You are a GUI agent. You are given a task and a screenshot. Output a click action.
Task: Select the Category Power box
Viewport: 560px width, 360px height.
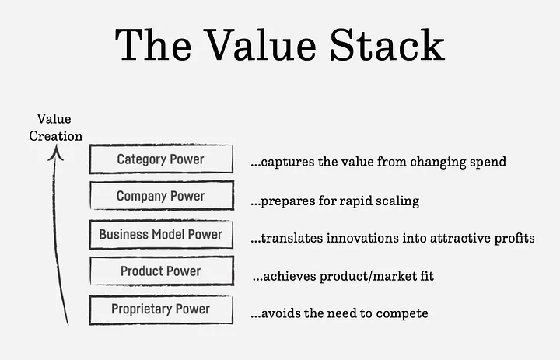[160, 159]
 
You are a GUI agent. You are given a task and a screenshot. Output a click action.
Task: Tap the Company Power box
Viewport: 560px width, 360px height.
[160, 197]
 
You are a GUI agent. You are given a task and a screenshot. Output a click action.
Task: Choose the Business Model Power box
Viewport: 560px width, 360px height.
[160, 234]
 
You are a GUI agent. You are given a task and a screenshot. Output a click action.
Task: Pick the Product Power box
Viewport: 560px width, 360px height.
[160, 271]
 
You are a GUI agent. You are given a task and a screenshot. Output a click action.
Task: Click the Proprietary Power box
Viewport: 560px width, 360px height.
[160, 309]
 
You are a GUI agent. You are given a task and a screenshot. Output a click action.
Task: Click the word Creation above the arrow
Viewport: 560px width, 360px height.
[55, 135]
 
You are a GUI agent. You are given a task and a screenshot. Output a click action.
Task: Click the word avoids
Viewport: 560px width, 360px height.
[275, 313]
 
